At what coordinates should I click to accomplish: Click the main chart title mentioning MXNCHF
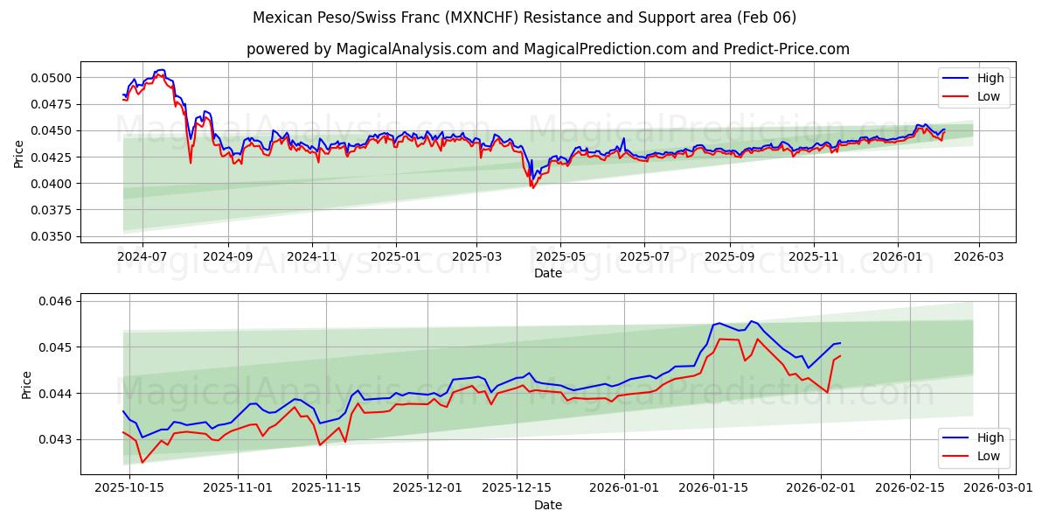click(x=524, y=17)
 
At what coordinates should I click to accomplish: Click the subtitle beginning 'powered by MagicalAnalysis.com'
click(x=547, y=49)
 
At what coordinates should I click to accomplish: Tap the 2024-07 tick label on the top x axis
click(x=142, y=257)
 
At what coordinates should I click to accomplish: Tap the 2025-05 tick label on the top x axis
click(x=560, y=257)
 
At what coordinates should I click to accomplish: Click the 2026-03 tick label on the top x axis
click(x=978, y=257)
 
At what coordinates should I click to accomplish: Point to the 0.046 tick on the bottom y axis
click(x=57, y=301)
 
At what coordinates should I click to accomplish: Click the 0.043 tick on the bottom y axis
click(x=57, y=439)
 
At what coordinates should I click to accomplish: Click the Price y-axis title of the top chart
click(x=19, y=152)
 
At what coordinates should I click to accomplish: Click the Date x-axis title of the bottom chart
click(x=547, y=505)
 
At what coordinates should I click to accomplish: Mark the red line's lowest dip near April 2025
click(x=532, y=187)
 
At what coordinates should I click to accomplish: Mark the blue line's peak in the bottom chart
click(x=752, y=321)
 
